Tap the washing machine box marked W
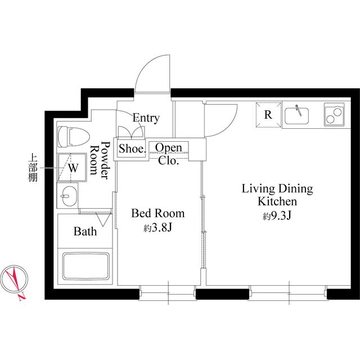pos(73,167)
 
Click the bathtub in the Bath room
pos(85,267)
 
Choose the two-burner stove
pos(334,115)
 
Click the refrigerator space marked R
pos(268,115)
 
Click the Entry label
pos(146,118)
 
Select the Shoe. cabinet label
pos(132,149)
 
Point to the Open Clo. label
pos(168,154)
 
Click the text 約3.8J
pos(157,228)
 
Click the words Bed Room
pos(157,214)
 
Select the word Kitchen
pos(277,201)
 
